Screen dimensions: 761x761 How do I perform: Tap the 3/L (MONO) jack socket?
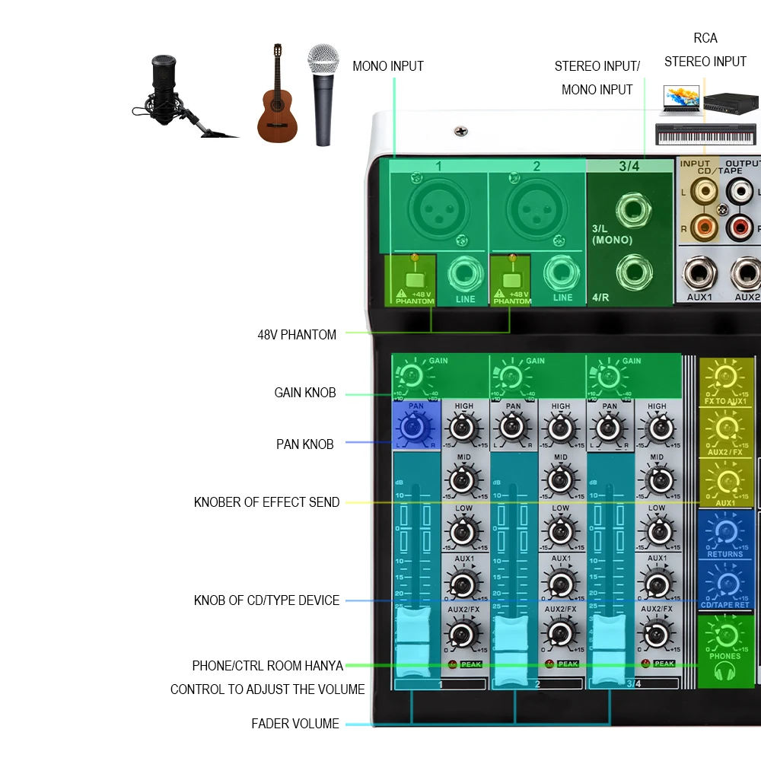[x=633, y=209]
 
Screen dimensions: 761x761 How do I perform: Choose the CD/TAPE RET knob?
[x=724, y=583]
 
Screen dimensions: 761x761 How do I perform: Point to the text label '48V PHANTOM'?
[x=297, y=335]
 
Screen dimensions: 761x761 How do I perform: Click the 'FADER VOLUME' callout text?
[x=295, y=724]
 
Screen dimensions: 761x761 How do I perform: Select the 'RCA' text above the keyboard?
[x=705, y=38]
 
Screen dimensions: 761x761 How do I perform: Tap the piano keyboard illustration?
[x=704, y=135]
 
